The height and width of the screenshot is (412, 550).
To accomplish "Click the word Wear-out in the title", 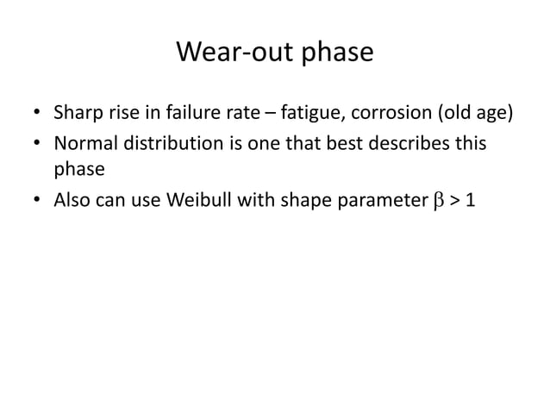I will click(227, 53).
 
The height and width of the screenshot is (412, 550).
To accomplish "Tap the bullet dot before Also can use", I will click(38, 202).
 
